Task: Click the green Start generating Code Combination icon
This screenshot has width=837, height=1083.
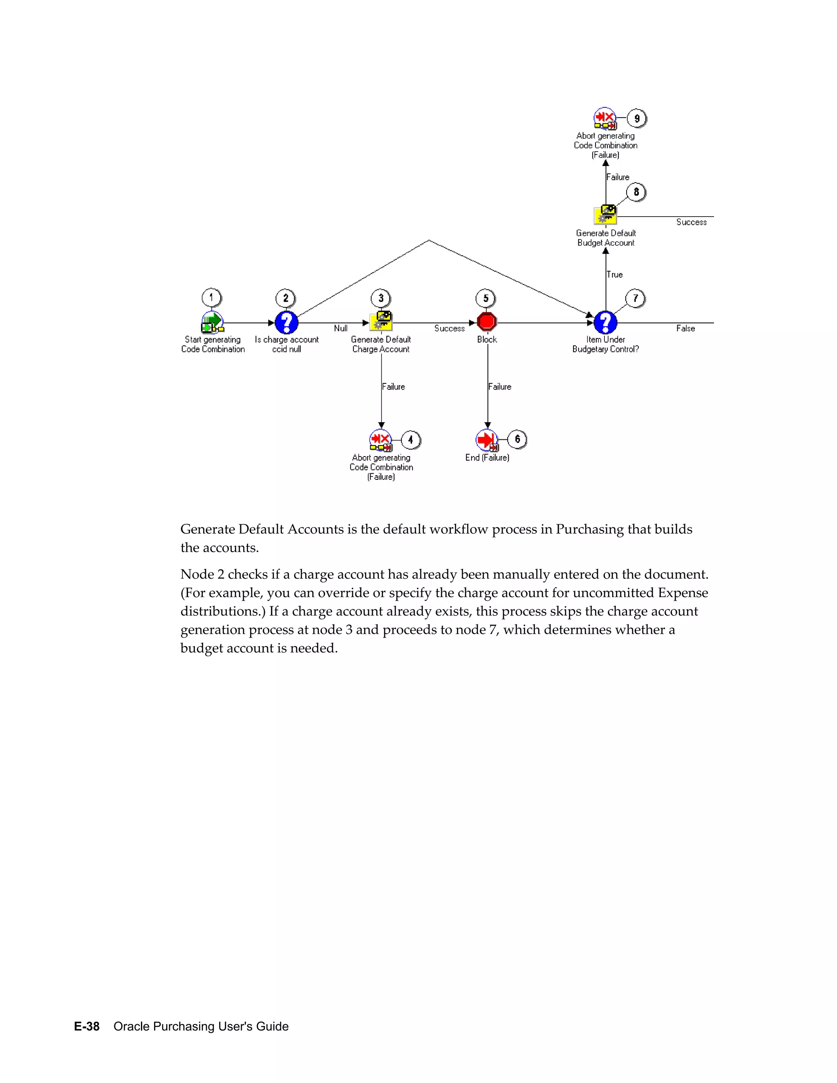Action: click(x=212, y=322)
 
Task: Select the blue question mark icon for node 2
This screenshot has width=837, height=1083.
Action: click(x=286, y=322)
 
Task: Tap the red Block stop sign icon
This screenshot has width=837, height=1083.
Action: click(x=487, y=322)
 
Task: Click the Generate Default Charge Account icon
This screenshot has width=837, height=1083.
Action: click(x=381, y=321)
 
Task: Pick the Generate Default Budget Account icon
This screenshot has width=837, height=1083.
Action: click(x=605, y=215)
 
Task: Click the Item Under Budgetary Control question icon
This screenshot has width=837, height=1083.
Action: click(x=605, y=322)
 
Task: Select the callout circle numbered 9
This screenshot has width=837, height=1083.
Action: click(x=637, y=119)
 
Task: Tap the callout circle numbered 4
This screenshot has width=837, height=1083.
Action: click(x=411, y=440)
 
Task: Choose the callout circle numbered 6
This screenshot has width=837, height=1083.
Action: click(x=517, y=439)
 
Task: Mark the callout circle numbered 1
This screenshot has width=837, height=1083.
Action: click(x=211, y=298)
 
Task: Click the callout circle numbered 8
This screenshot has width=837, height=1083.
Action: click(x=636, y=192)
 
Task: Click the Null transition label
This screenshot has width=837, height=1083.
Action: click(x=341, y=328)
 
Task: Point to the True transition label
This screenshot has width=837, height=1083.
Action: click(x=615, y=275)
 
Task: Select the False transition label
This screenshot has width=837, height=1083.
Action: click(x=685, y=328)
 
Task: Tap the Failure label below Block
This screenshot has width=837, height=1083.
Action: click(x=500, y=387)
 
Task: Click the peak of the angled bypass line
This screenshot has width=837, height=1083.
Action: click(x=429, y=240)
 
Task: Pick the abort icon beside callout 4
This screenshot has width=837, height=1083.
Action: click(x=381, y=440)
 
